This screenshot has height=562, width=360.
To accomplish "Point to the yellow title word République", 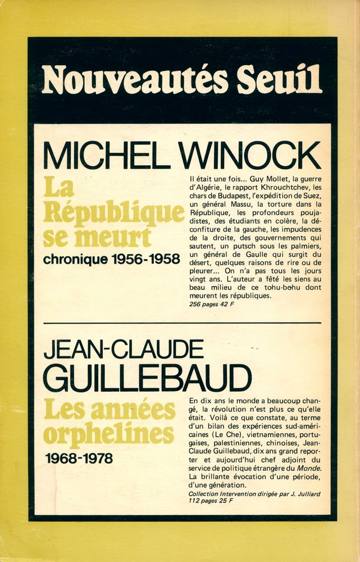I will tap(115, 214).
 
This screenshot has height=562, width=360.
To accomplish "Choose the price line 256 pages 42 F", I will tap(212, 305).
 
